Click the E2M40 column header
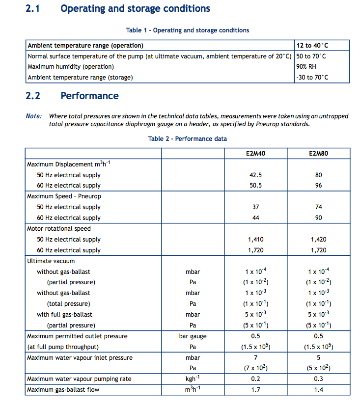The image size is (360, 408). pyautogui.click(x=255, y=153)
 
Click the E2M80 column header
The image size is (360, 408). pyautogui.click(x=318, y=153)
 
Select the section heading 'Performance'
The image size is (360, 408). pyautogui.click(x=89, y=96)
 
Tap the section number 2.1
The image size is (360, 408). pyautogui.click(x=33, y=9)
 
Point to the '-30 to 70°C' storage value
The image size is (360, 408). pyautogui.click(x=312, y=78)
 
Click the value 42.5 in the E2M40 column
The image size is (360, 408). pyautogui.click(x=255, y=175)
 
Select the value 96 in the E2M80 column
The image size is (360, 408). pyautogui.click(x=318, y=186)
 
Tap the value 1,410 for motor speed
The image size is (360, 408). pyautogui.click(x=255, y=240)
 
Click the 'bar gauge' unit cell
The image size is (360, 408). pyautogui.click(x=193, y=336)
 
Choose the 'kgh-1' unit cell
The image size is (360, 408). pyautogui.click(x=193, y=379)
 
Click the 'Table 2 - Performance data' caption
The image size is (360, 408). pyautogui.click(x=188, y=139)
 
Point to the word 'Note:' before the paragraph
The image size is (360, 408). pyautogui.click(x=33, y=116)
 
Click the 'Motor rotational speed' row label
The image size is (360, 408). pyautogui.click(x=59, y=229)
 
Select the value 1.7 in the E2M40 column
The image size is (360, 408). pyautogui.click(x=255, y=390)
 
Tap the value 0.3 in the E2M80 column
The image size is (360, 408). pyautogui.click(x=318, y=379)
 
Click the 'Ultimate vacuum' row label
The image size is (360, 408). pyautogui.click(x=51, y=261)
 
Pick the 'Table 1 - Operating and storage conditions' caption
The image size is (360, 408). pyautogui.click(x=188, y=30)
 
